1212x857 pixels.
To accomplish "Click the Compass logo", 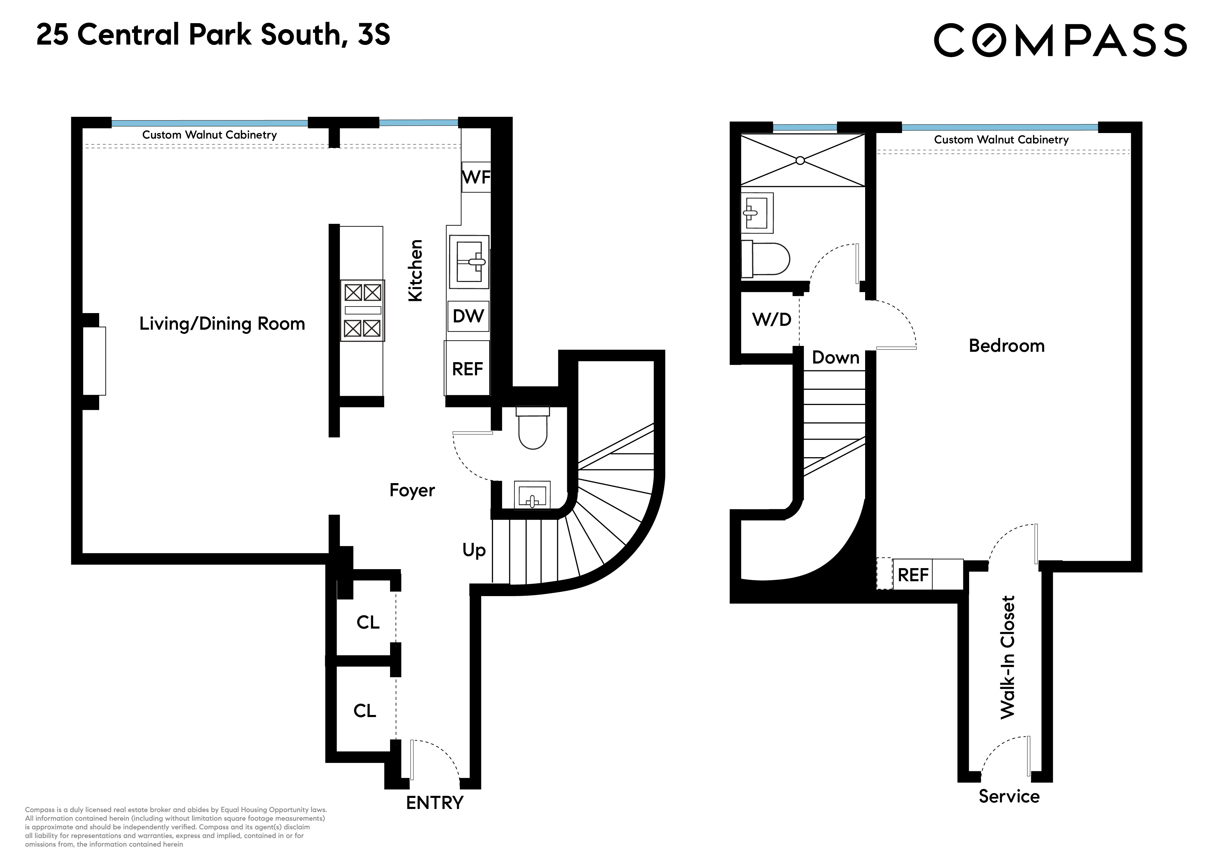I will tap(1060, 40).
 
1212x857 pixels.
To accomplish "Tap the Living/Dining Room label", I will tap(222, 324).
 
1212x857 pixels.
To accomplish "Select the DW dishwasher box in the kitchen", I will tap(468, 316).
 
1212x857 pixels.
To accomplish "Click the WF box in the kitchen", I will tap(476, 177).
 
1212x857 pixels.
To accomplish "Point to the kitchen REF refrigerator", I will tap(467, 369).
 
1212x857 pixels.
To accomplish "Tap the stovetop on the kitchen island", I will tap(362, 310).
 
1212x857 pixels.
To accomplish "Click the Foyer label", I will tap(412, 490).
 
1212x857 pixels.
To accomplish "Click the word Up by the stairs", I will tap(474, 550).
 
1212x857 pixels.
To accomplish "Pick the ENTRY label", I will tap(434, 803).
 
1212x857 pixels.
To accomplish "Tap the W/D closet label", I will tap(771, 319).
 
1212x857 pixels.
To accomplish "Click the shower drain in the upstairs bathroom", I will tap(800, 161).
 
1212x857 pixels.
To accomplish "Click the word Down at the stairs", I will tap(835, 357).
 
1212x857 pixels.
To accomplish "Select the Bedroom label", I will tap(1006, 346).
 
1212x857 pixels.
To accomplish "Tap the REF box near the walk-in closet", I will tap(913, 575).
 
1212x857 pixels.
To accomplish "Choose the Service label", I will tap(1009, 796).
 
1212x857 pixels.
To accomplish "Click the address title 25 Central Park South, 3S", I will tap(213, 35).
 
